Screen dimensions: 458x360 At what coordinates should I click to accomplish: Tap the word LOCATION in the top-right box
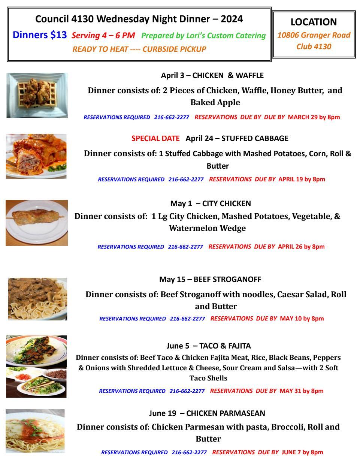point(314,22)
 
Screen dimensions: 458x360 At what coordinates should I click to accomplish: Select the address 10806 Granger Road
point(314,35)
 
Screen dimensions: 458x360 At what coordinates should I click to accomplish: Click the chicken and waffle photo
point(37,95)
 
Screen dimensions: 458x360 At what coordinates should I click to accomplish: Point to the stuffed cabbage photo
point(36,156)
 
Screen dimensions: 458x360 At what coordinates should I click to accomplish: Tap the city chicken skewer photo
point(37,223)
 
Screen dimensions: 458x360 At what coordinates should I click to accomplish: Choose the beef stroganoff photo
point(37,299)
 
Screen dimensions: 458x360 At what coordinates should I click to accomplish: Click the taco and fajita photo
point(36,366)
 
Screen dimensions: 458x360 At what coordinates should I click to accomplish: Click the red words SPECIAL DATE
point(155,138)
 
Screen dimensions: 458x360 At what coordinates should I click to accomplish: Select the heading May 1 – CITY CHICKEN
point(211,204)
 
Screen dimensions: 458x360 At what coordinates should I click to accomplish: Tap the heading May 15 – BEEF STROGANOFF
point(210,279)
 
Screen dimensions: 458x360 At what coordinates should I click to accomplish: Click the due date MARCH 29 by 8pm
point(314,117)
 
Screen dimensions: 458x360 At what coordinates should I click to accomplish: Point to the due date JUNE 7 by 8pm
point(302,452)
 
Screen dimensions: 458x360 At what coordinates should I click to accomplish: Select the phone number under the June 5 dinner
point(187,391)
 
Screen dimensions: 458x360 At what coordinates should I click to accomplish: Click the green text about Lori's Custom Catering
point(203,36)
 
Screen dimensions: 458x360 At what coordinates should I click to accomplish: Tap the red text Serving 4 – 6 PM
point(103,36)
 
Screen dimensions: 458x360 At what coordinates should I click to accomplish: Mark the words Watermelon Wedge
point(207,228)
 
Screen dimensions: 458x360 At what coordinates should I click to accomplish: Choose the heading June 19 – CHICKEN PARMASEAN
point(207,413)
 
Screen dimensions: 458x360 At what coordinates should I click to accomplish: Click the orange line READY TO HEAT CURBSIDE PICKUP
point(139,49)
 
